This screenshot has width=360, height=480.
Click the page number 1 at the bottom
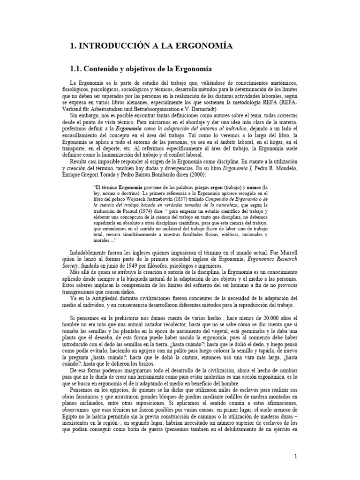(x=296, y=457)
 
